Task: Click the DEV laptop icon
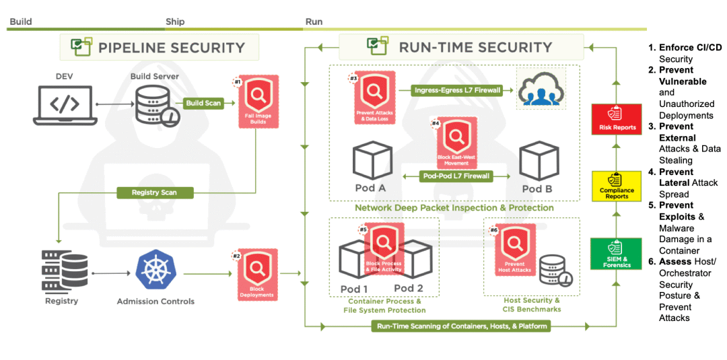coord(65,106)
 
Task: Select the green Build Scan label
coord(203,104)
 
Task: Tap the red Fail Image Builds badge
coord(258,102)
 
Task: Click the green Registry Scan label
coord(155,192)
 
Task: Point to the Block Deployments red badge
coord(258,275)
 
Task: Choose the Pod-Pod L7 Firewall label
coord(457,176)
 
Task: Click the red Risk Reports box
coord(616,120)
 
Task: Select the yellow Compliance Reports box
coord(616,186)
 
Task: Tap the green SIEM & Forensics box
coord(616,254)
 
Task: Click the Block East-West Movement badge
coord(456,142)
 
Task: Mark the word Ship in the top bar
coord(175,22)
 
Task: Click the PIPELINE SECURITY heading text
coord(172,48)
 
